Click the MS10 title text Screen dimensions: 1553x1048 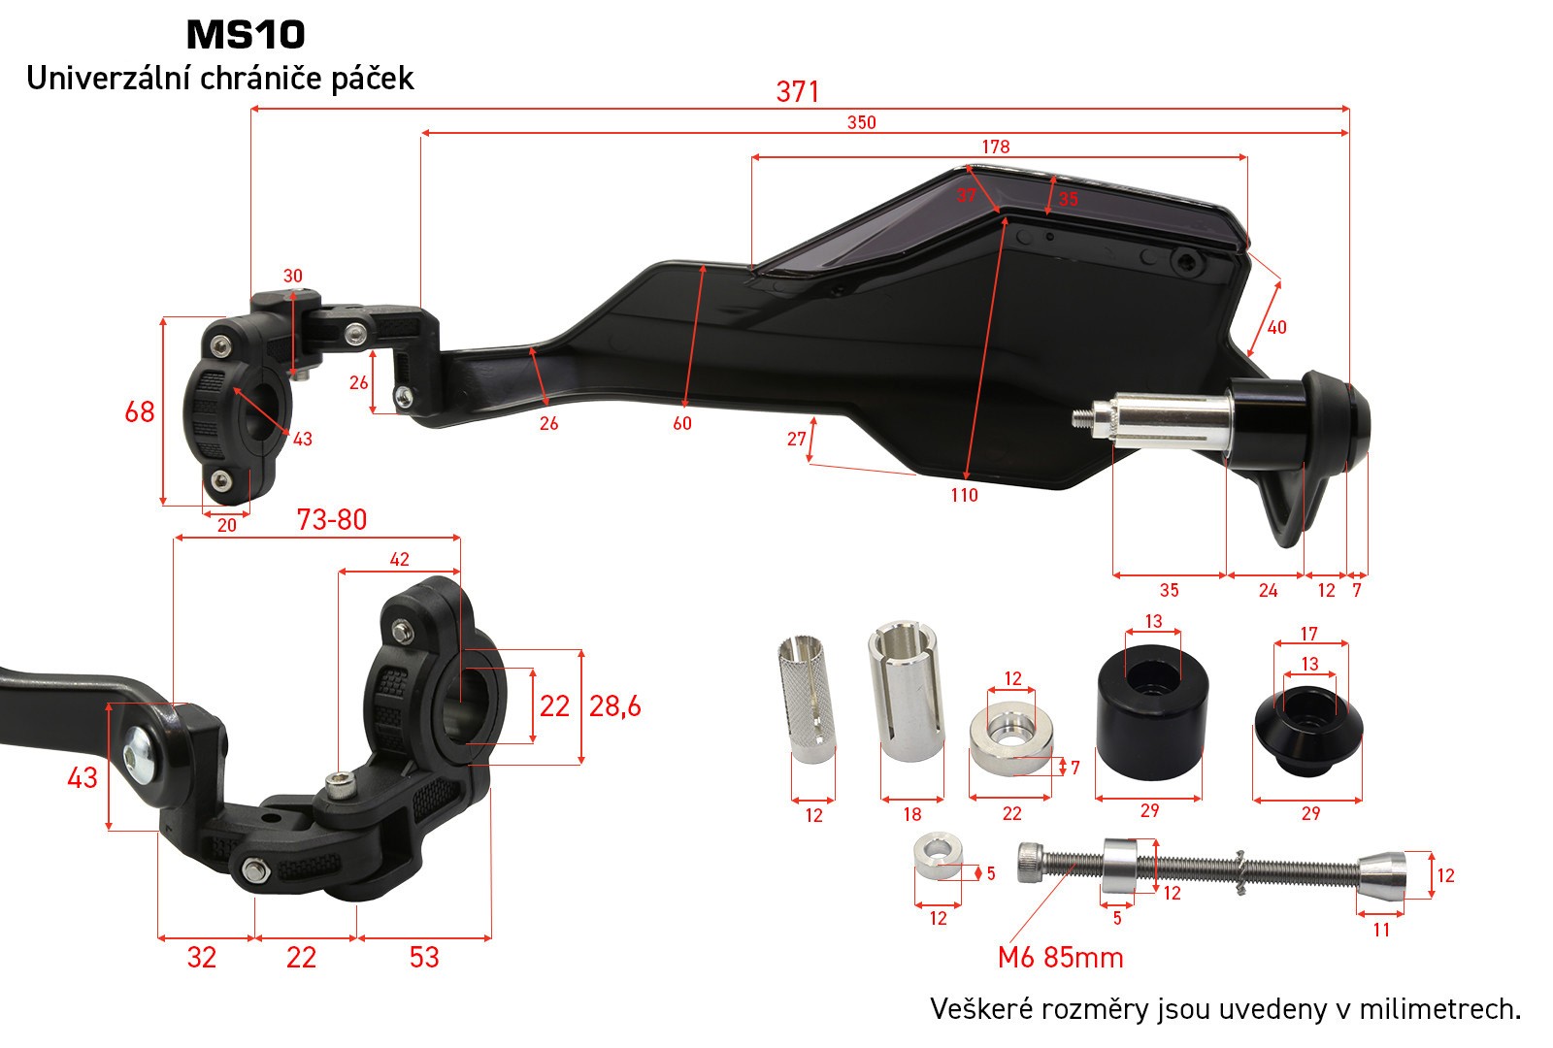click(247, 35)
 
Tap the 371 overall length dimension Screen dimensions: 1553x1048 click(797, 91)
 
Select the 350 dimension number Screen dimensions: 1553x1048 click(862, 122)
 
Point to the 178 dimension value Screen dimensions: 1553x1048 click(996, 147)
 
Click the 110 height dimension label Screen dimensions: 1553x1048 click(965, 495)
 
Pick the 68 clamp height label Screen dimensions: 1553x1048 click(140, 411)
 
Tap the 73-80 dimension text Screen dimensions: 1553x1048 click(331, 519)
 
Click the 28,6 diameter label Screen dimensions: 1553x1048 click(615, 706)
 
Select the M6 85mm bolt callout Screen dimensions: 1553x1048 click(1061, 957)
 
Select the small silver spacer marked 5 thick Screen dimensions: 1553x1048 click(938, 856)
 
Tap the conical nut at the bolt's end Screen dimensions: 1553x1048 click(1382, 874)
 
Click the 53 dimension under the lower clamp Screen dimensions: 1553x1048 click(424, 957)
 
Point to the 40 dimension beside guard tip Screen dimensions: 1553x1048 click(1276, 327)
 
